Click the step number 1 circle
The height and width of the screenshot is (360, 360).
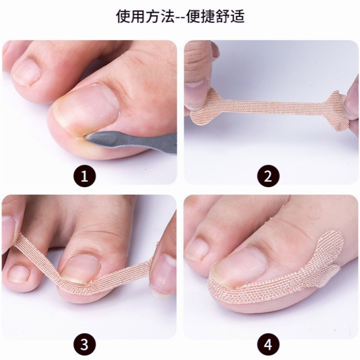[84, 177]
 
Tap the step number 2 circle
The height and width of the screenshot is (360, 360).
[268, 177]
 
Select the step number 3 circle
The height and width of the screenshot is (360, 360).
[84, 345]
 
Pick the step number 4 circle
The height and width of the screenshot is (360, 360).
[268, 345]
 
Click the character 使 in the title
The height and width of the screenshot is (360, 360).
[124, 16]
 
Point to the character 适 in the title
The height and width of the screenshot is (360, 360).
[237, 16]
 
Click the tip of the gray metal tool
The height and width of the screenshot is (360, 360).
[85, 137]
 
